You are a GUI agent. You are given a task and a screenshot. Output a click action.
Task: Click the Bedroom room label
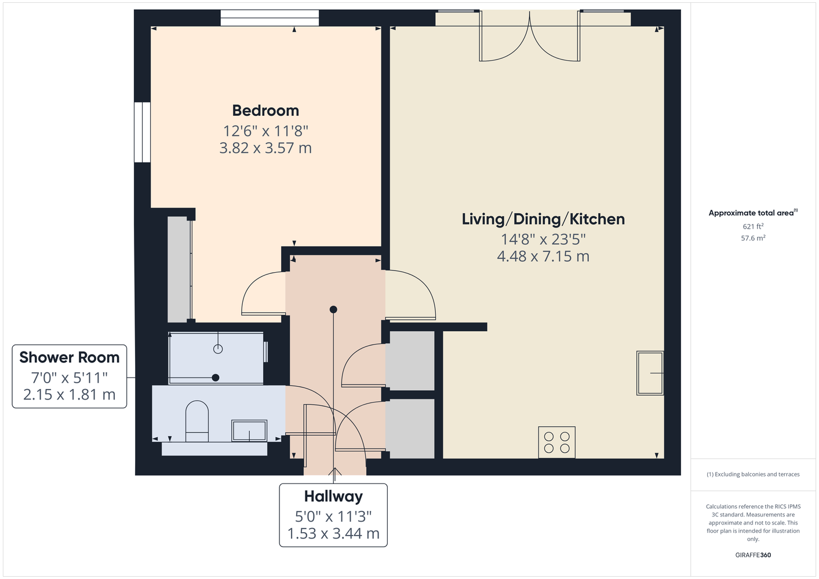point(265,111)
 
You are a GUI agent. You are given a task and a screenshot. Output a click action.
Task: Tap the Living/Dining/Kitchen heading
point(543,219)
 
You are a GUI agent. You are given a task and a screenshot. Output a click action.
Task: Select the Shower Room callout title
point(70,357)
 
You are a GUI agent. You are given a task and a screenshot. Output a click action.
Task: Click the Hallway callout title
point(333,496)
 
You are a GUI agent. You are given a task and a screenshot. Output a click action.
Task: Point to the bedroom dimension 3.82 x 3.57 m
point(265,148)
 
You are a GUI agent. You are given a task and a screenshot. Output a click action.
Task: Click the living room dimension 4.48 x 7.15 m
point(543,256)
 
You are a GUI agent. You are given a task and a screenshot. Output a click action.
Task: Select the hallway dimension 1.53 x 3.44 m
point(333,534)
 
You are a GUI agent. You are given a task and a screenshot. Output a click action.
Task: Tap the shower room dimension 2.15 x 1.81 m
point(70,394)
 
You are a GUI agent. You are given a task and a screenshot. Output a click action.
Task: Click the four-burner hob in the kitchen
point(556,442)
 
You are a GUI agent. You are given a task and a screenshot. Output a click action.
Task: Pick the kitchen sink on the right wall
point(650,373)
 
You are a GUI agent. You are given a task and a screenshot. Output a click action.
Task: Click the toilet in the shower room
point(196,421)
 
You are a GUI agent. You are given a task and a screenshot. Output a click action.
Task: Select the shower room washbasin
point(249,431)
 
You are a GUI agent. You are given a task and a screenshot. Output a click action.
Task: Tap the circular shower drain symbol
point(218,349)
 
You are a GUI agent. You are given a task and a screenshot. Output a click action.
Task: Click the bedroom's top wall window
point(270,18)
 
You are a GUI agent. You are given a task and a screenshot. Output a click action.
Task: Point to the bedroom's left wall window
point(142,132)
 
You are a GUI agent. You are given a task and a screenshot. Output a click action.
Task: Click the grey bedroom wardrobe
point(179,270)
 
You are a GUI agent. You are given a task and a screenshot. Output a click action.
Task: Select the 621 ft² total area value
point(753,226)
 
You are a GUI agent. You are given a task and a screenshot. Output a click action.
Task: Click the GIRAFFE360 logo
point(753,555)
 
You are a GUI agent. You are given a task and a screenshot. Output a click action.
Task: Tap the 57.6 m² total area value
point(753,238)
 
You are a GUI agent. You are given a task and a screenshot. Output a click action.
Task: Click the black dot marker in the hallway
point(333,309)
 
